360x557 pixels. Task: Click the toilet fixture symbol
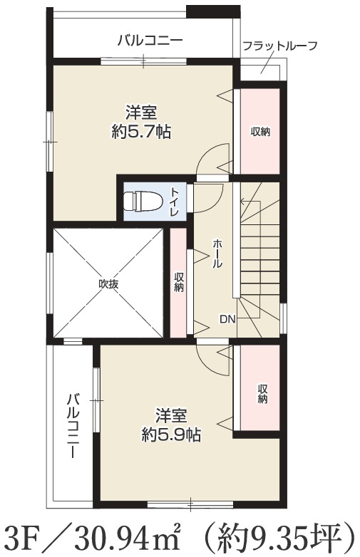tap(143, 202)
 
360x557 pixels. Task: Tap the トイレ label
tap(175, 202)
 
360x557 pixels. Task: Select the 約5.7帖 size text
tap(141, 132)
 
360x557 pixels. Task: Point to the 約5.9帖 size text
tap(171, 434)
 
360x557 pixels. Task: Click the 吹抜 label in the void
tap(108, 284)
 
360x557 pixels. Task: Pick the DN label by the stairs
tap(227, 319)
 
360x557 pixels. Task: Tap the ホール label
tap(217, 254)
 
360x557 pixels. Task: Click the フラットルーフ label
tap(279, 46)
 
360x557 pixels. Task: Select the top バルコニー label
tap(150, 40)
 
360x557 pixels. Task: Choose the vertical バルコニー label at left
tap(73, 425)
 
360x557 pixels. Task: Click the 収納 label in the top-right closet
tap(260, 132)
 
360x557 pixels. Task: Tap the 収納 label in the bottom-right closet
tap(262, 394)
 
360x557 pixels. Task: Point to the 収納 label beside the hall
tap(178, 283)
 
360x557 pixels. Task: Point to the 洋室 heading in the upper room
tap(141, 113)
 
